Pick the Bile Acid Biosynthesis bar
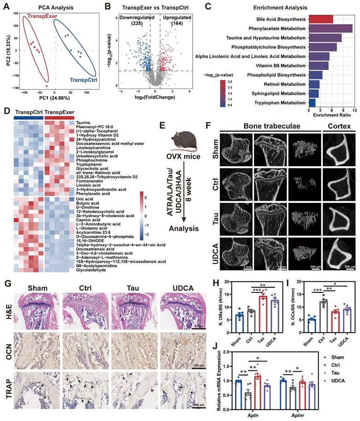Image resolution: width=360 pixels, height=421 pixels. coord(320,19)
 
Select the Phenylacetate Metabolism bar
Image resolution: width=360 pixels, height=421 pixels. coord(330,29)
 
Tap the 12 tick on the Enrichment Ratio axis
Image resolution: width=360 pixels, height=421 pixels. coord(352,110)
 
